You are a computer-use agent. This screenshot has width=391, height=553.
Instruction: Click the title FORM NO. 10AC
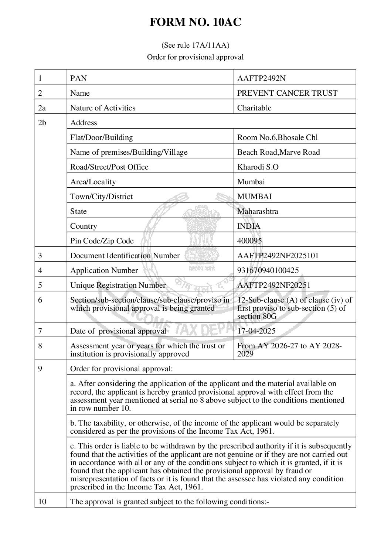tap(195, 23)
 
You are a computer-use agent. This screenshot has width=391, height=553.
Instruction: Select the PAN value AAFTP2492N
tap(261, 78)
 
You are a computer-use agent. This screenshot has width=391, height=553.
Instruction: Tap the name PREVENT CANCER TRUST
tap(287, 93)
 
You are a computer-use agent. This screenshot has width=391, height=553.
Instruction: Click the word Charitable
tap(254, 108)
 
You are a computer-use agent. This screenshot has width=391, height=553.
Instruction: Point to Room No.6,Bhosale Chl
tap(277, 137)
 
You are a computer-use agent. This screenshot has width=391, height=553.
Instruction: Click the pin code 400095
tap(249, 241)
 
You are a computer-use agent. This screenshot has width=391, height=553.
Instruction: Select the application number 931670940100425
tap(268, 270)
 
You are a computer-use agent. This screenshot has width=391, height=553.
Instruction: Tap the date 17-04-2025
tap(256, 331)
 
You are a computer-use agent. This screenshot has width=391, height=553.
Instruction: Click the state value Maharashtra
tap(258, 211)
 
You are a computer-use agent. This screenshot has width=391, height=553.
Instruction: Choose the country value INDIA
tap(249, 226)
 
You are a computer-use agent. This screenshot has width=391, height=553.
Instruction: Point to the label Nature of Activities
tap(103, 108)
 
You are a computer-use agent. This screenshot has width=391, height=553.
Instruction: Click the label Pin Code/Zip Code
tap(102, 241)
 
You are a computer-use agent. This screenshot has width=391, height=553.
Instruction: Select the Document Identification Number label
tap(125, 256)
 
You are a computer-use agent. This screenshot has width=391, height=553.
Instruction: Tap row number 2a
tap(42, 108)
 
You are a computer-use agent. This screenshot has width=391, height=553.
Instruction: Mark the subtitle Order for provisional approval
tap(195, 57)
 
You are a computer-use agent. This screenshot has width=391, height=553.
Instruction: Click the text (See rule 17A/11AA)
tap(195, 45)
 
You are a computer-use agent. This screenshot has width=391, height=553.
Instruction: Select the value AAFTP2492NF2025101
tap(278, 256)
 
